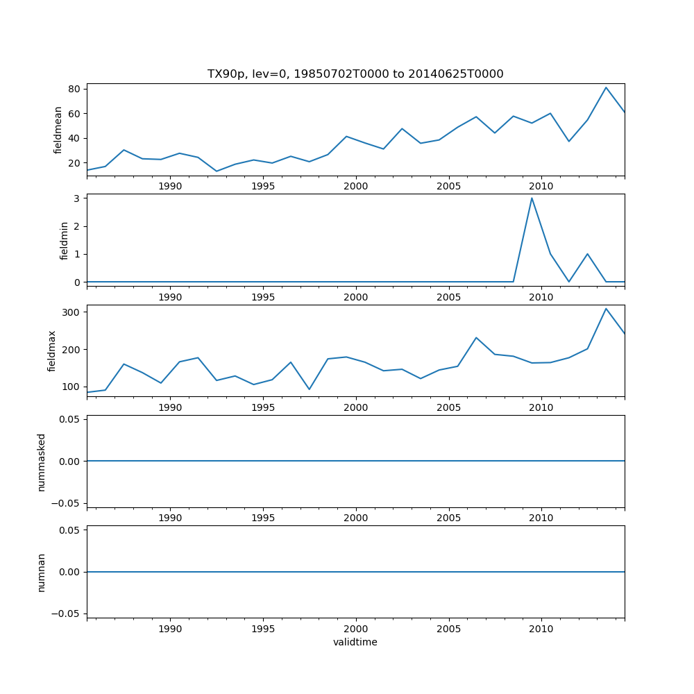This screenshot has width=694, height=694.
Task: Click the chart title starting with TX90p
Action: pos(355,74)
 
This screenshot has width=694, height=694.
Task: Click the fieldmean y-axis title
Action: pos(58,130)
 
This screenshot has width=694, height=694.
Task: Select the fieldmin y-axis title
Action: pos(65,240)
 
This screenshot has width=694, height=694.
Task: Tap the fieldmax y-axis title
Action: pos(52,351)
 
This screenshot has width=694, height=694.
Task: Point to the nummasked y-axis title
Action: pos(41,462)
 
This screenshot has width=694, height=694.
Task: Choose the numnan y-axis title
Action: pos(41,573)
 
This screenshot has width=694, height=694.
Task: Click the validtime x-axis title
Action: pos(355,642)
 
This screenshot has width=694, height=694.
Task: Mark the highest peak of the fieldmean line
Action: pos(606,87)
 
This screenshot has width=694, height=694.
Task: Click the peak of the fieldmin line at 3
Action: pos(532,198)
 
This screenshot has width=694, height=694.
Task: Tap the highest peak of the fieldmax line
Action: pos(606,309)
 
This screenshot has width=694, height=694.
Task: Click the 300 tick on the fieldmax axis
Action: pos(71,312)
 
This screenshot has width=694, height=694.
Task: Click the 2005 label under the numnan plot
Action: pos(449,629)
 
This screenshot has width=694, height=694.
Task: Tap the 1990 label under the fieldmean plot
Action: pos(170,186)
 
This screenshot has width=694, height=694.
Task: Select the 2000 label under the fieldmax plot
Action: pos(356,407)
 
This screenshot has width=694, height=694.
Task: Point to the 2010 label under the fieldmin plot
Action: pos(541,297)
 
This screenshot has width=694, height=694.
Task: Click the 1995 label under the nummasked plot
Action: pos(263,518)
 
